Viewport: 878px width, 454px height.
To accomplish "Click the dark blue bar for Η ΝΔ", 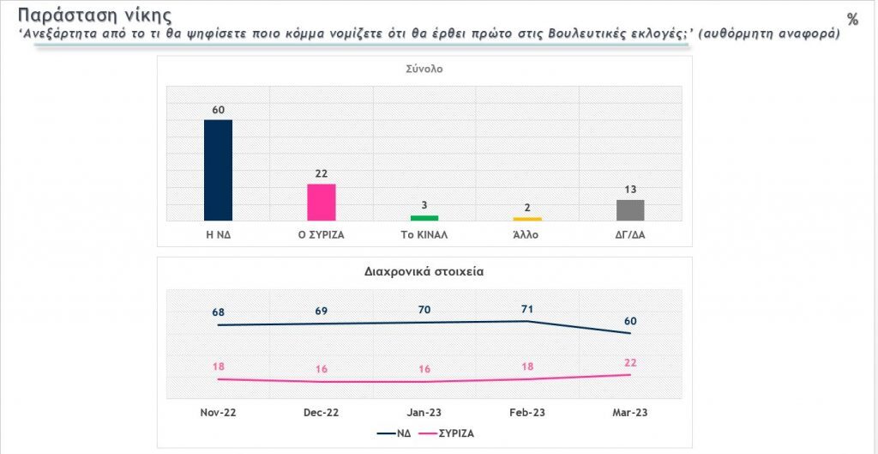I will [x=218, y=170].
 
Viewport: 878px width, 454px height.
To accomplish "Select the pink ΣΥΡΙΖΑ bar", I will [x=322, y=203].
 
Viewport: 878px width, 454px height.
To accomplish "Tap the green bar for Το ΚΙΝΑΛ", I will [x=424, y=218].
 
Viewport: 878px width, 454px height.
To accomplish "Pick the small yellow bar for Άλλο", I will [x=527, y=219].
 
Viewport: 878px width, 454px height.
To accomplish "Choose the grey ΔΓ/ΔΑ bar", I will [x=630, y=210].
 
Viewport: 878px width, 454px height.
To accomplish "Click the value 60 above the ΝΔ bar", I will [x=218, y=110].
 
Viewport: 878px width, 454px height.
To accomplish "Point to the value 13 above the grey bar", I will [x=630, y=190].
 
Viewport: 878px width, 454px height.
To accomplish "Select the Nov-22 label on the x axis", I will [x=219, y=413].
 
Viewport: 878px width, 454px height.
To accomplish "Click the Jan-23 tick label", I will [x=424, y=413].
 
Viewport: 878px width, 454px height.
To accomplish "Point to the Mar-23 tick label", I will [x=630, y=413].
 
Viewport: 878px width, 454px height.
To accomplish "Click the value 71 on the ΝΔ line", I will [x=527, y=306].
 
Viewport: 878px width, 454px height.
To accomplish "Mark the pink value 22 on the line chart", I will [x=630, y=363].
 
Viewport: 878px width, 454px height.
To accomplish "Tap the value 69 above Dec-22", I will [x=322, y=309].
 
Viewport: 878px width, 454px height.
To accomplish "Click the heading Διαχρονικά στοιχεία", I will [x=424, y=272].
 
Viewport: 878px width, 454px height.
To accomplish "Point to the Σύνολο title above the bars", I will [x=424, y=70].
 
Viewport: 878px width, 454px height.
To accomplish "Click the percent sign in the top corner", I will [x=851, y=19].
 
